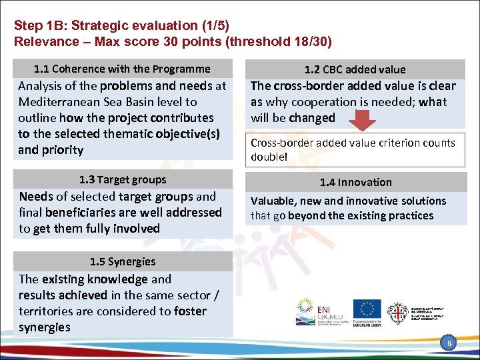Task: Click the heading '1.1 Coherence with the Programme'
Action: click(x=122, y=69)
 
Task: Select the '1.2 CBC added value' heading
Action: click(x=355, y=69)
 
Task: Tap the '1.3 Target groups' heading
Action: click(x=122, y=179)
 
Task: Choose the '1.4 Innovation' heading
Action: click(x=355, y=182)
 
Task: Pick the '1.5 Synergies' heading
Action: click(x=122, y=261)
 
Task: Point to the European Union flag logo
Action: click(x=367, y=309)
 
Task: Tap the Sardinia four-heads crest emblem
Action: click(x=397, y=312)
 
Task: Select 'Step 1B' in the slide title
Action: click(x=39, y=26)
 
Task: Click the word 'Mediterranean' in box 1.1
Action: click(x=59, y=102)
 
